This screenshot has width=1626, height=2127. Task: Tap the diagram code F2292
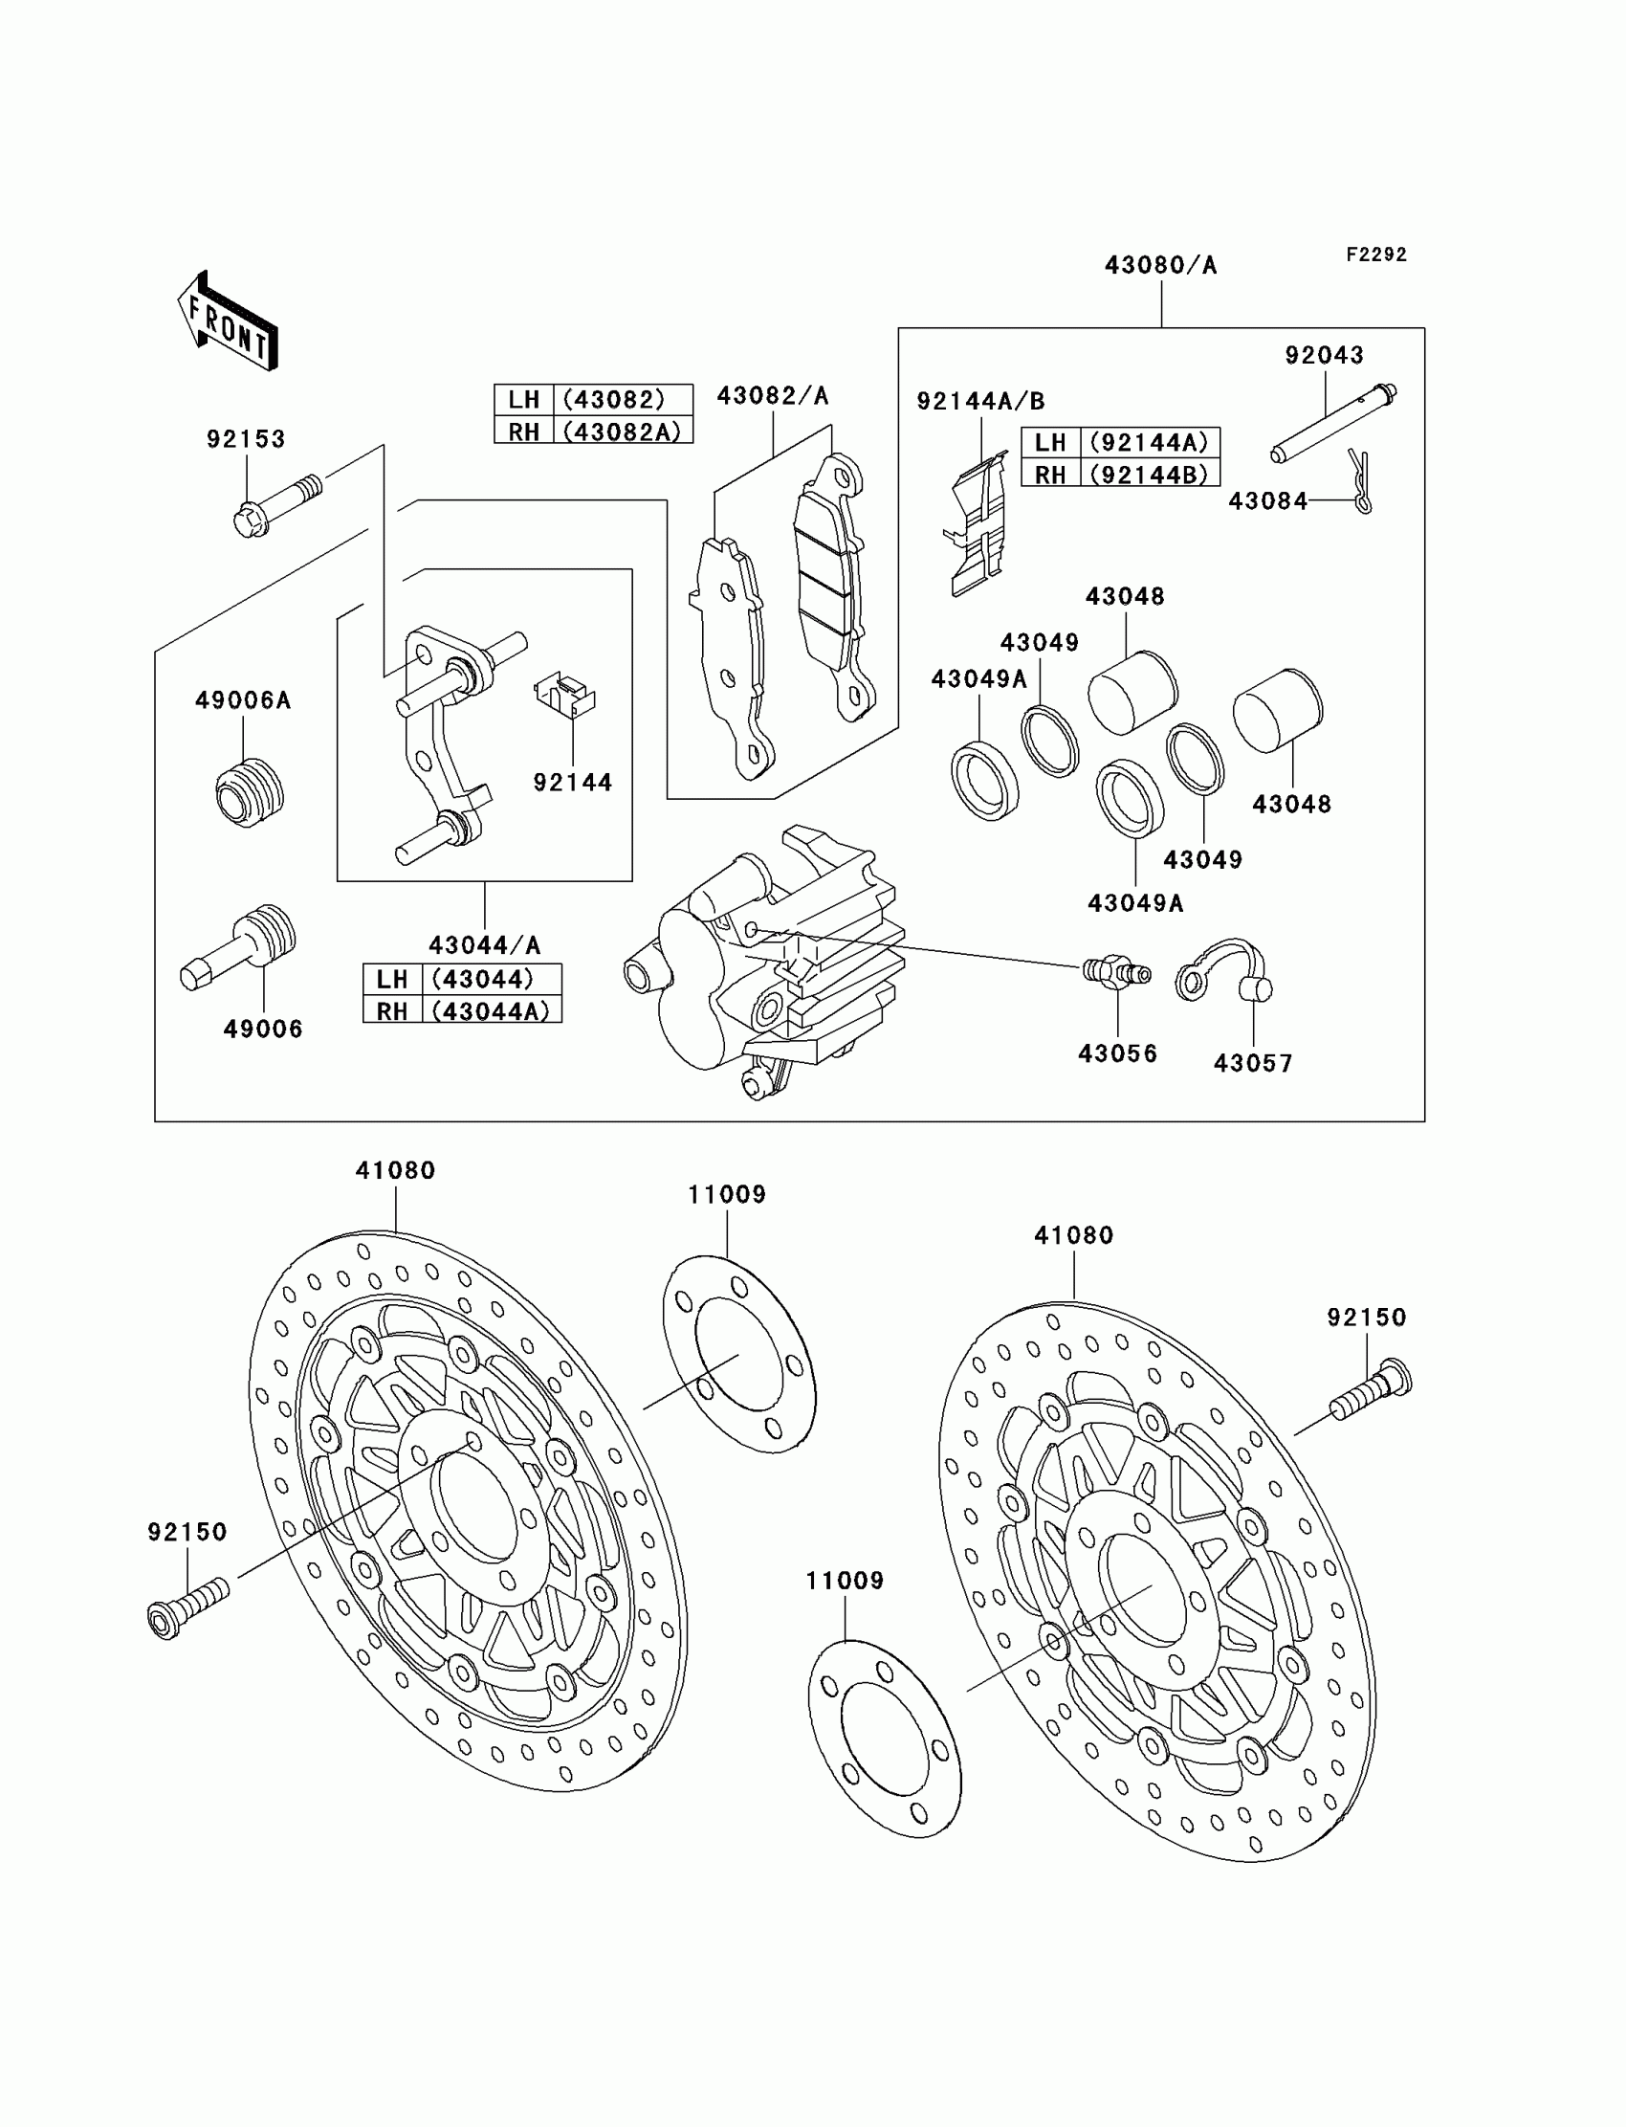1375,255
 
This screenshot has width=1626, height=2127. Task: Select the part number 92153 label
246,439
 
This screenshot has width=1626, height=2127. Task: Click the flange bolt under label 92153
275,503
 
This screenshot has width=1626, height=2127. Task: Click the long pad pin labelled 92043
1333,424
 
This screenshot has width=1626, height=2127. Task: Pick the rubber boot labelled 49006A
249,792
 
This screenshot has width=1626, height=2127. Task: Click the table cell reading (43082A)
623,432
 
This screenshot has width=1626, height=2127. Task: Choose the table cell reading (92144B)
1149,475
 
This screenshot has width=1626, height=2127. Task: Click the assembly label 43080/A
1160,265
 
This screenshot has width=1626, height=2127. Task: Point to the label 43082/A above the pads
773,396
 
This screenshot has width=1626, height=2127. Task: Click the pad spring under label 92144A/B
978,528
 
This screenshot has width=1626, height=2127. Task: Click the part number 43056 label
1117,1053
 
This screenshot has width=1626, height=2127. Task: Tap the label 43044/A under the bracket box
484,944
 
